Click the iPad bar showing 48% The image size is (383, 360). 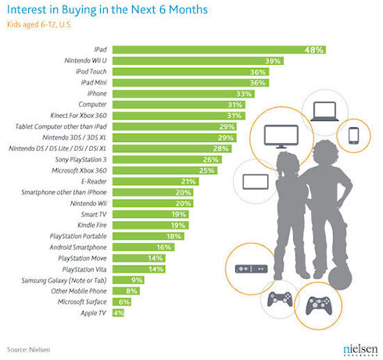pos(219,50)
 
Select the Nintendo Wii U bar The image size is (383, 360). pos(198,61)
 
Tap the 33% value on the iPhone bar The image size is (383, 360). pos(244,94)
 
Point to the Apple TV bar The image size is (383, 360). pos(118,313)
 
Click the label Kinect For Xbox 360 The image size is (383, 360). pos(78,116)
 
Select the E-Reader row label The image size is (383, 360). pos(94,181)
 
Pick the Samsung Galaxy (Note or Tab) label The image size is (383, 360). pos(64,280)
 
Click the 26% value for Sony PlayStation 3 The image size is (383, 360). pos(210,159)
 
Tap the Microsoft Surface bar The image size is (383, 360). pos(122,302)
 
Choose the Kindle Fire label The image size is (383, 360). pos(92,225)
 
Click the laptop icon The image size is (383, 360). pos(324,112)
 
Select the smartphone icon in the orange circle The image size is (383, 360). pos(353,136)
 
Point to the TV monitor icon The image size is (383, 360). pos(281,137)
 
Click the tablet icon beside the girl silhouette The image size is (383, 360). pos(256,182)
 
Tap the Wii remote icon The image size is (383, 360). pos(251,269)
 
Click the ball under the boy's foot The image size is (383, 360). pos(340,277)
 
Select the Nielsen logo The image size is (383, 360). pos(360,350)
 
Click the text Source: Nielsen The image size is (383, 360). pos(28,350)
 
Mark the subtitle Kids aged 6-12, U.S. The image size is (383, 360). pos(39,25)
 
